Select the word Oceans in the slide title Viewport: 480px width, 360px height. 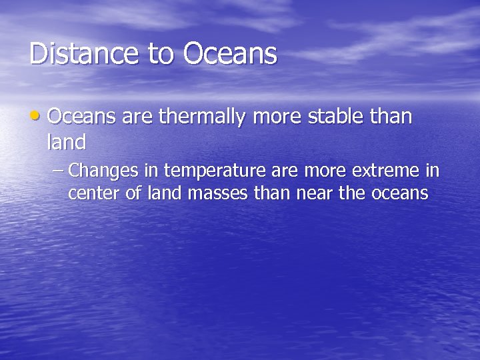(x=230, y=54)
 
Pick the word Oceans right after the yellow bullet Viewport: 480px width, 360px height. (x=81, y=117)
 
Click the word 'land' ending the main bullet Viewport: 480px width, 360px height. (x=67, y=142)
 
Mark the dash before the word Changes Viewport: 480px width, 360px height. (x=58, y=171)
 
